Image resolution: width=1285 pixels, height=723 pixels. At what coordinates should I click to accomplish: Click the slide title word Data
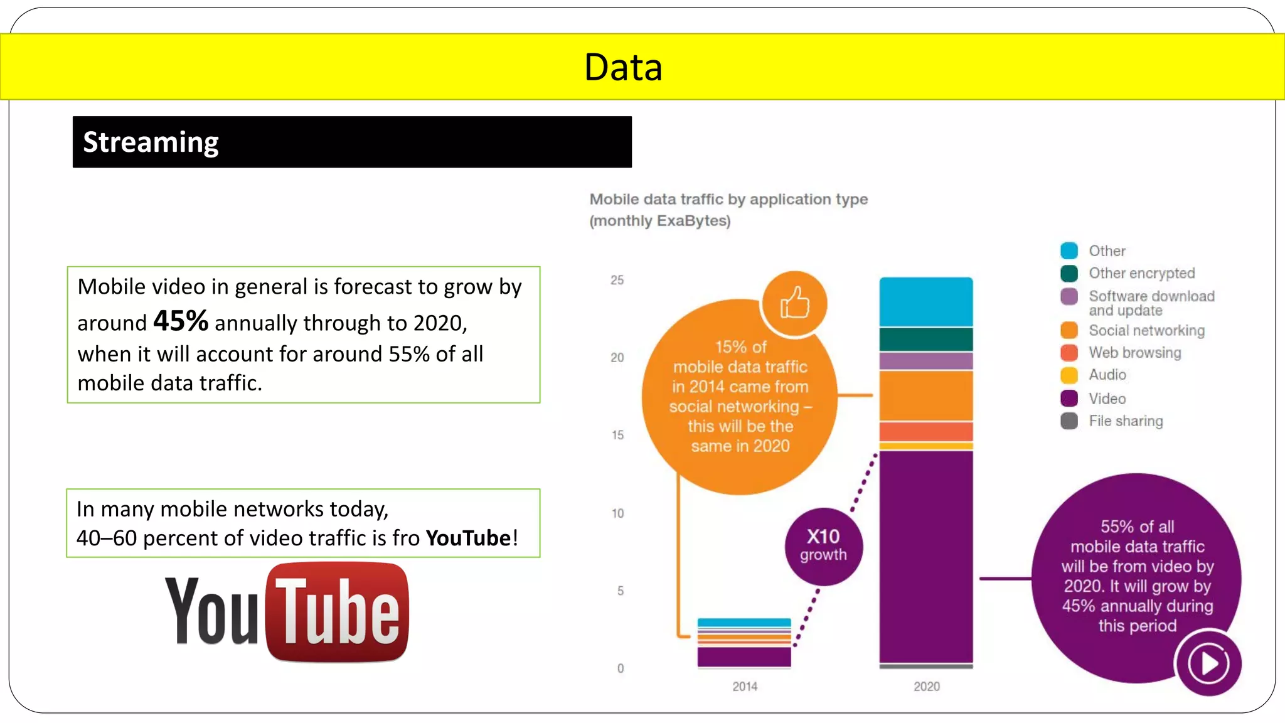tap(622, 67)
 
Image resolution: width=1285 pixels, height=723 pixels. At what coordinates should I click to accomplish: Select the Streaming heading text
tap(151, 142)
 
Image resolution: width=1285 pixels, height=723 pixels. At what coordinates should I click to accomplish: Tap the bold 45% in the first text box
tap(181, 321)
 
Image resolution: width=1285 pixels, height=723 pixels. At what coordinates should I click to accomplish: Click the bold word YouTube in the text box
tap(468, 538)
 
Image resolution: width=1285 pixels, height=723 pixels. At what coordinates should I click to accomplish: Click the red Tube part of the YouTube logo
tap(338, 612)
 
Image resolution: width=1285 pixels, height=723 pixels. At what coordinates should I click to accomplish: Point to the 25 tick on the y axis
tap(617, 280)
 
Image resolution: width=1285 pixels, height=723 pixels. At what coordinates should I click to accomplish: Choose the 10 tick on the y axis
tap(617, 513)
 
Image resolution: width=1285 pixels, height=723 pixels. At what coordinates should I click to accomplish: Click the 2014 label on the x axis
tap(744, 687)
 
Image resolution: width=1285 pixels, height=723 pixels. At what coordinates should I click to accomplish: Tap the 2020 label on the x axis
tap(926, 687)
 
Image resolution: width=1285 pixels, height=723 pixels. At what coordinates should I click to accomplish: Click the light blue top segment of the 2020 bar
tap(926, 301)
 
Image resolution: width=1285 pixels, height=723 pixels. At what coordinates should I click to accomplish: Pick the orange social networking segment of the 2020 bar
tap(926, 395)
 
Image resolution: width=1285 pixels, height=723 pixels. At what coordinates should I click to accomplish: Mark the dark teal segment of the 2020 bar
tap(926, 339)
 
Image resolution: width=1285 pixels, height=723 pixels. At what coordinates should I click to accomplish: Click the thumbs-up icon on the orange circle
tap(794, 304)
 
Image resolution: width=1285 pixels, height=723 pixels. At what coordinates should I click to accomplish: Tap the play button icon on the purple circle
tap(1208, 663)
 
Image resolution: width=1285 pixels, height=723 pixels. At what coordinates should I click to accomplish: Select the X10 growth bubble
tap(823, 545)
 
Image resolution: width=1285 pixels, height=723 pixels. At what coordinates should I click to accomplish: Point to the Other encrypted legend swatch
tap(1069, 274)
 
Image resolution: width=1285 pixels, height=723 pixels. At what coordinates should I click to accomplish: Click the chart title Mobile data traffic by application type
tap(728, 200)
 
